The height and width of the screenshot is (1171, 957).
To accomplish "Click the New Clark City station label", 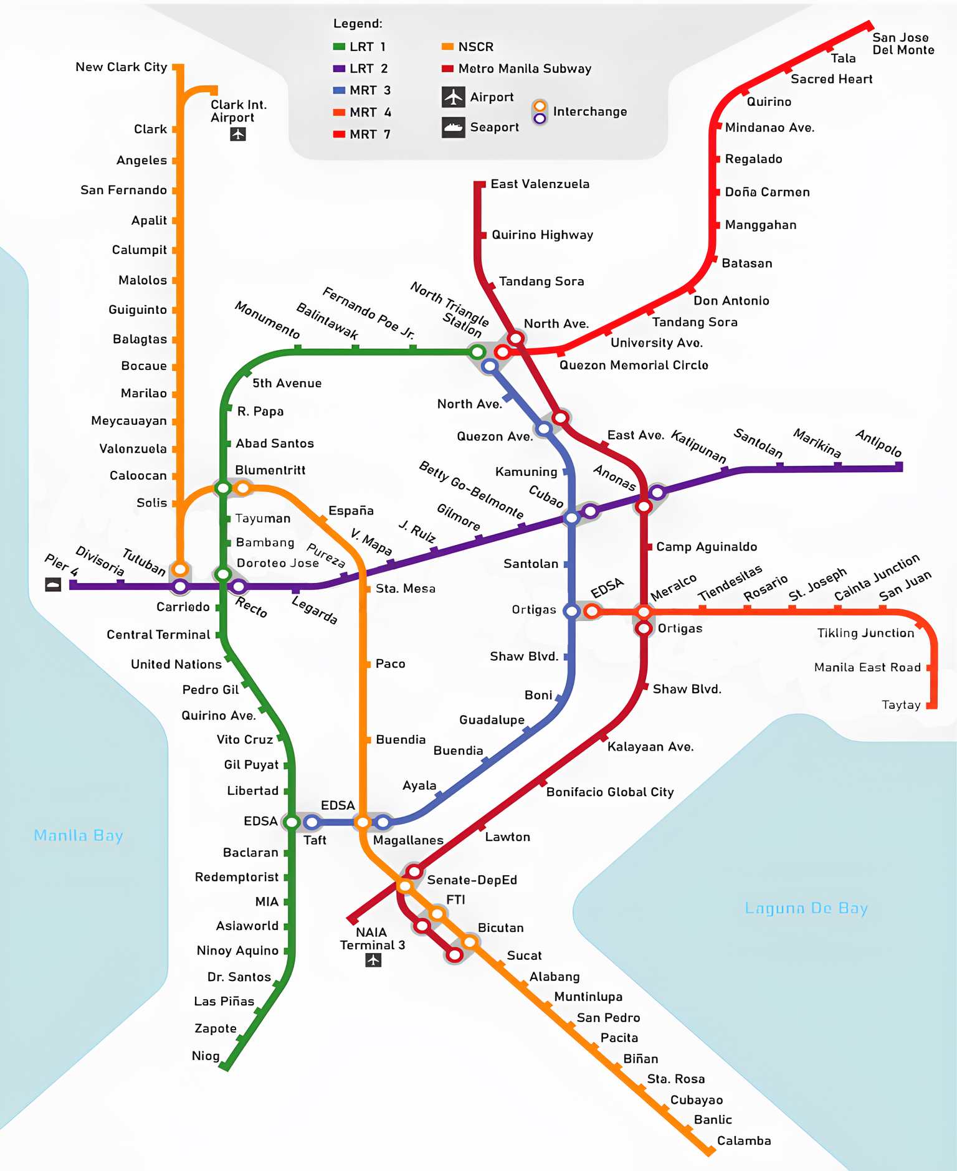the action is tap(121, 67).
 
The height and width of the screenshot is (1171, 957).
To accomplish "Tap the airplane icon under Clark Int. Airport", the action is tap(237, 134).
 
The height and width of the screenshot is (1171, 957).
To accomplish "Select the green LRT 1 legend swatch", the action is tap(339, 47).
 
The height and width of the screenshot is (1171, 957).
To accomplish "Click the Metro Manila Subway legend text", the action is tap(525, 69).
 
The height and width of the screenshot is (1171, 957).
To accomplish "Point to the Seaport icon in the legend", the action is tap(454, 127).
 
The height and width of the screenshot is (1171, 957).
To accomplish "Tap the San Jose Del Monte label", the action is tap(903, 44).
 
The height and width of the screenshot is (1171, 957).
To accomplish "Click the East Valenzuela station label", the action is tap(540, 184).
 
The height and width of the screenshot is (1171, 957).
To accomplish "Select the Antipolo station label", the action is tap(878, 443).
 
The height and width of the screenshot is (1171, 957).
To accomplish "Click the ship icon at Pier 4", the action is tap(53, 584).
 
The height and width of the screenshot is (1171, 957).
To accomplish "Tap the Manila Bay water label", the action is tap(79, 835).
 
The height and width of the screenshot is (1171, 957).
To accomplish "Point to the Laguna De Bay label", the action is tap(806, 908).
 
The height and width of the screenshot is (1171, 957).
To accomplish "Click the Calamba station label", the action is tap(744, 1140).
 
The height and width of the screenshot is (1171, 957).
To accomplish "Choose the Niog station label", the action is tap(206, 1056).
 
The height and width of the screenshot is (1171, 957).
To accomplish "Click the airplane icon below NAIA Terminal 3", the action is tap(373, 960).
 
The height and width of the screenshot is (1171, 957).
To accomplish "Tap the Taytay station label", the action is tap(901, 704).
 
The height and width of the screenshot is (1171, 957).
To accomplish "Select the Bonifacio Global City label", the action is tap(610, 792).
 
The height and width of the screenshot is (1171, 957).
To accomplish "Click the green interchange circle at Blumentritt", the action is tap(223, 488).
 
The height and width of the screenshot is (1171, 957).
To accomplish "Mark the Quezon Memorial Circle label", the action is tap(634, 365).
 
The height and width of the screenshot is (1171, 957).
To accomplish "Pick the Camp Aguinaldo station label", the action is tap(707, 547).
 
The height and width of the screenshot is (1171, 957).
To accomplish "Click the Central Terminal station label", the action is tap(158, 635).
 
